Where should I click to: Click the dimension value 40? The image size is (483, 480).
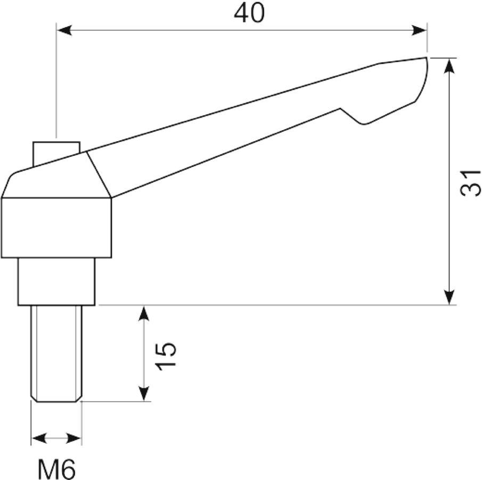pyautogui.click(x=249, y=13)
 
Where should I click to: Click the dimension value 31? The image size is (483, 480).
pyautogui.click(x=470, y=182)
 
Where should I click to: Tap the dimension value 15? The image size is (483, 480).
pyautogui.click(x=166, y=356)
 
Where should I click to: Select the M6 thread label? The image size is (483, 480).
pyautogui.click(x=56, y=469)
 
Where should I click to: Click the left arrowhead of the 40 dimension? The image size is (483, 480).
pyautogui.click(x=64, y=30)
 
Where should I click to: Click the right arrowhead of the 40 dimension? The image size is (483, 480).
pyautogui.click(x=419, y=30)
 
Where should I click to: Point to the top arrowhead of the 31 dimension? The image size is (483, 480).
pyautogui.click(x=450, y=66)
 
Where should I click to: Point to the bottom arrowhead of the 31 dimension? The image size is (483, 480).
pyautogui.click(x=450, y=297)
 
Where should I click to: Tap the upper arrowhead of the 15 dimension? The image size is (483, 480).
pyautogui.click(x=144, y=314)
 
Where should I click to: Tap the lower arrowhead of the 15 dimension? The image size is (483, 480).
pyautogui.click(x=144, y=393)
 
